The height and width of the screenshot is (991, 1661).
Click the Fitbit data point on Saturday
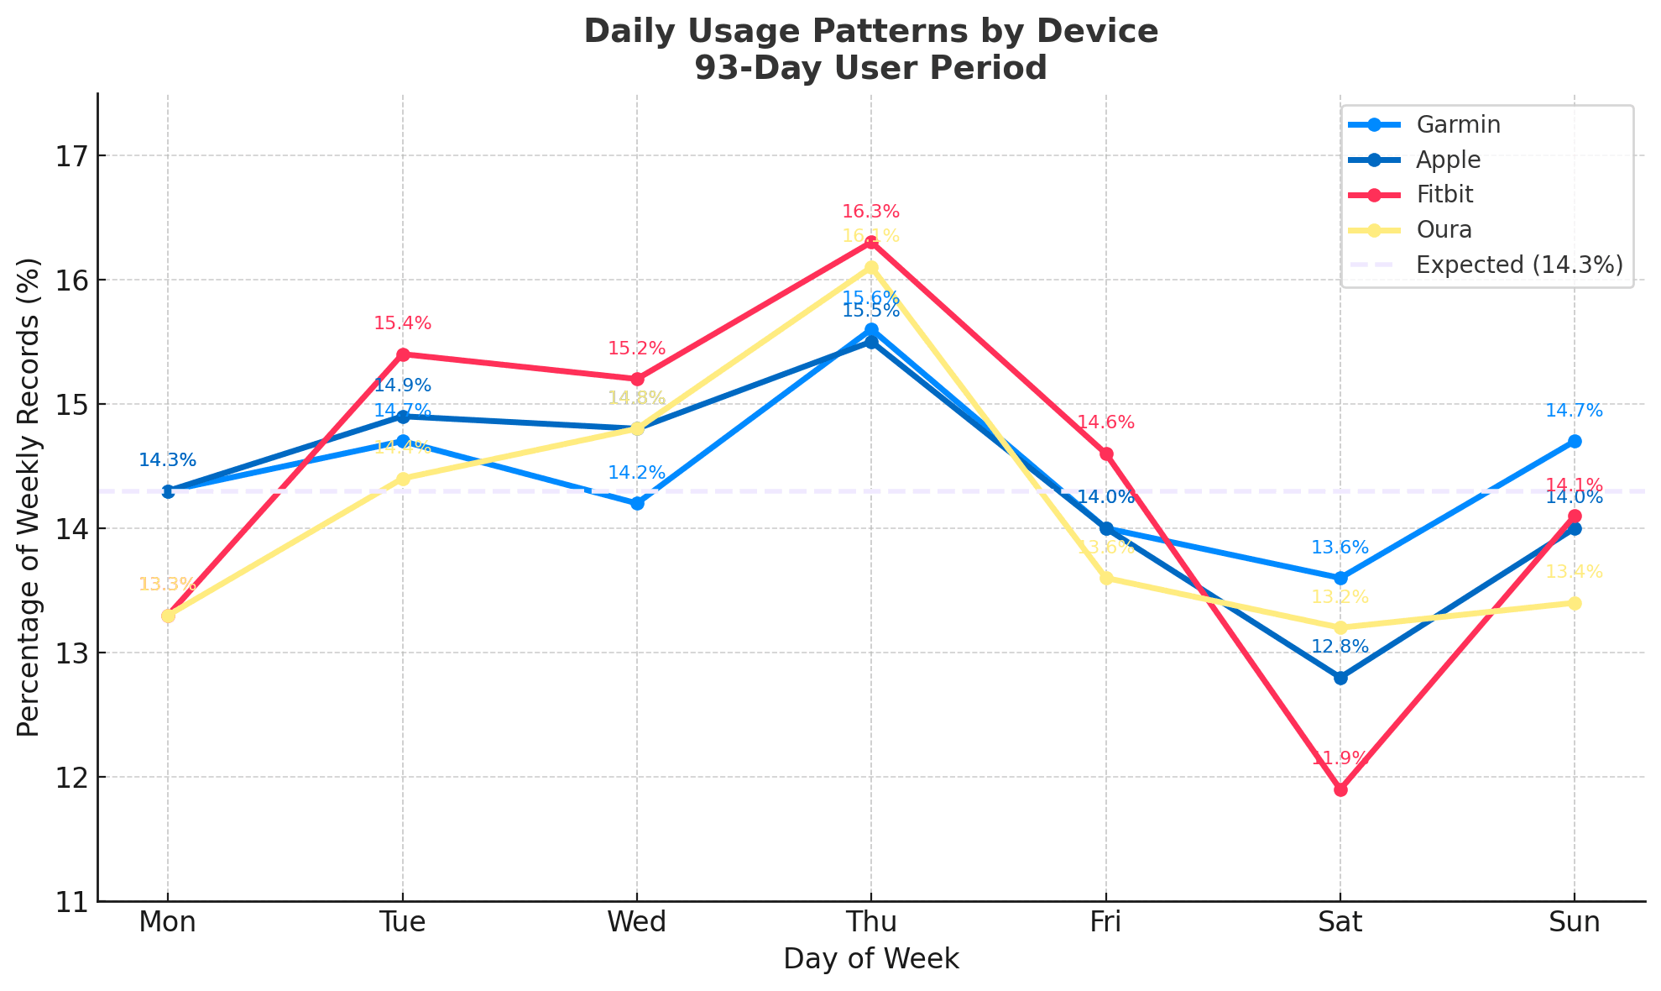[x=1340, y=789]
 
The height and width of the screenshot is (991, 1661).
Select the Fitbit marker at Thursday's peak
[x=871, y=243]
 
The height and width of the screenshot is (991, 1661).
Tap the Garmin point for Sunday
[x=1575, y=441]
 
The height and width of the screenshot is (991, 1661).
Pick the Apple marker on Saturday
[x=1340, y=678]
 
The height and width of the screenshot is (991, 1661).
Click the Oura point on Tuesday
[x=403, y=479]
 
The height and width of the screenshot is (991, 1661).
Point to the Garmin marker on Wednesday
[x=637, y=503]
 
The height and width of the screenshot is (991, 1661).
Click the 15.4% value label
[x=403, y=323]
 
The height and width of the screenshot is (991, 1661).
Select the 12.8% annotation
[x=1340, y=647]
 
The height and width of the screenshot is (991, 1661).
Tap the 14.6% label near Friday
[x=1106, y=422]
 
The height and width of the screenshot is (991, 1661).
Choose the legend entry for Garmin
[x=1458, y=124]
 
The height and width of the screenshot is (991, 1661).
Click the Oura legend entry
[x=1444, y=229]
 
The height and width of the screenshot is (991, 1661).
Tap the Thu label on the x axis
[x=871, y=922]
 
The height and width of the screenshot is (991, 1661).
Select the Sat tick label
[x=1340, y=922]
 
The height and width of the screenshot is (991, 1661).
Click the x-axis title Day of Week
[x=871, y=958]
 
